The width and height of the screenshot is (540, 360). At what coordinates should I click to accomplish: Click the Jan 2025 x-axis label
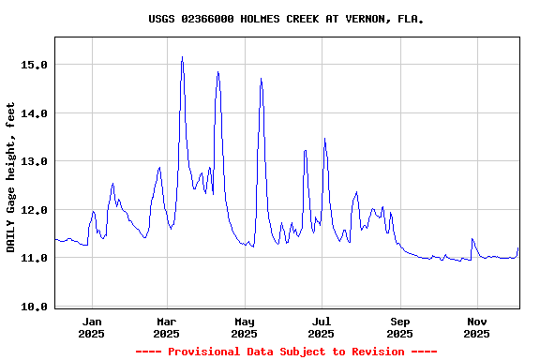[91, 327]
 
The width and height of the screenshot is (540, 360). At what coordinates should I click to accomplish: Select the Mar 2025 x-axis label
[166, 327]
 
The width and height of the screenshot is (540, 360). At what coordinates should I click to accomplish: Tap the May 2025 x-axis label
[244, 327]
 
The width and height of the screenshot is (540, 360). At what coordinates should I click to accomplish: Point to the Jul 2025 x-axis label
[322, 327]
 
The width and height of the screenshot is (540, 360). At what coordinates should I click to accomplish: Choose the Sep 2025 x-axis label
[400, 327]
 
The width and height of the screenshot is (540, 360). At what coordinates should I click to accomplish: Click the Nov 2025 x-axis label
[476, 327]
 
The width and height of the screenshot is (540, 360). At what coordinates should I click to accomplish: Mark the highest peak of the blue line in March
[182, 57]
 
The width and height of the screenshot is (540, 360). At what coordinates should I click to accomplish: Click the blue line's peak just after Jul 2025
[324, 140]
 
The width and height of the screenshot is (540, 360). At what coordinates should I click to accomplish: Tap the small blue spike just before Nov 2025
[472, 239]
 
